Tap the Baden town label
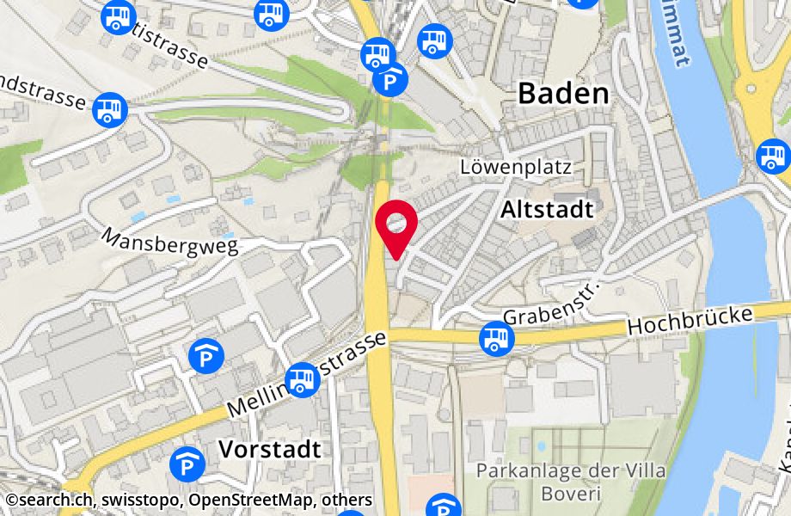pyautogui.click(x=563, y=94)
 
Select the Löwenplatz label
pyautogui.click(x=516, y=167)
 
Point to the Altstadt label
pyautogui.click(x=548, y=209)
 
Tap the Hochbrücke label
pyautogui.click(x=690, y=321)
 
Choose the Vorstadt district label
pyautogui.click(x=269, y=448)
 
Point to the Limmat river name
pyautogui.click(x=675, y=38)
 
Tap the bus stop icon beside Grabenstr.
pyautogui.click(x=495, y=337)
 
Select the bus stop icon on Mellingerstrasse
pyautogui.click(x=302, y=378)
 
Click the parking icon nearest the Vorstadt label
pyautogui.click(x=186, y=464)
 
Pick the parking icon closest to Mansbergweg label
pyautogui.click(x=207, y=354)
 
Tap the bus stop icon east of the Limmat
pyautogui.click(x=771, y=157)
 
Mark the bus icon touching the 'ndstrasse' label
pyautogui.click(x=110, y=108)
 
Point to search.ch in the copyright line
pyautogui.click(x=51, y=500)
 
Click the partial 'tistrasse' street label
pyautogui.click(x=173, y=49)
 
